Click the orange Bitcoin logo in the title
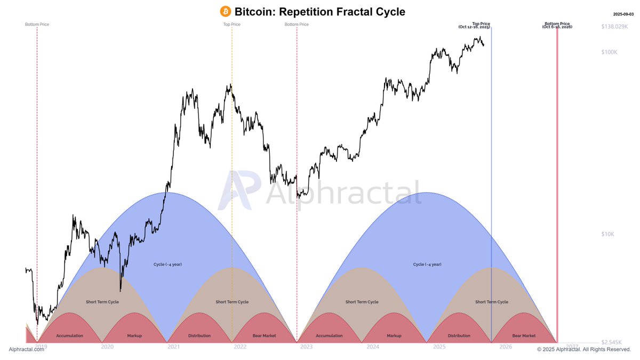(226, 11)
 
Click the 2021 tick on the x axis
(173, 347)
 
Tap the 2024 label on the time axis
(373, 347)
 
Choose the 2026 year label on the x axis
(506, 347)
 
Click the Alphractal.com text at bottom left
(26, 349)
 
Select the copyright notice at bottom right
(584, 349)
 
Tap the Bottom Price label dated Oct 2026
(557, 25)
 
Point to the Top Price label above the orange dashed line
(231, 24)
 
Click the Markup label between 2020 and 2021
(134, 335)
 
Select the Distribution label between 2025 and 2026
(459, 335)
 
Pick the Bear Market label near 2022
(264, 335)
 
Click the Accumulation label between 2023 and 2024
(329, 335)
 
